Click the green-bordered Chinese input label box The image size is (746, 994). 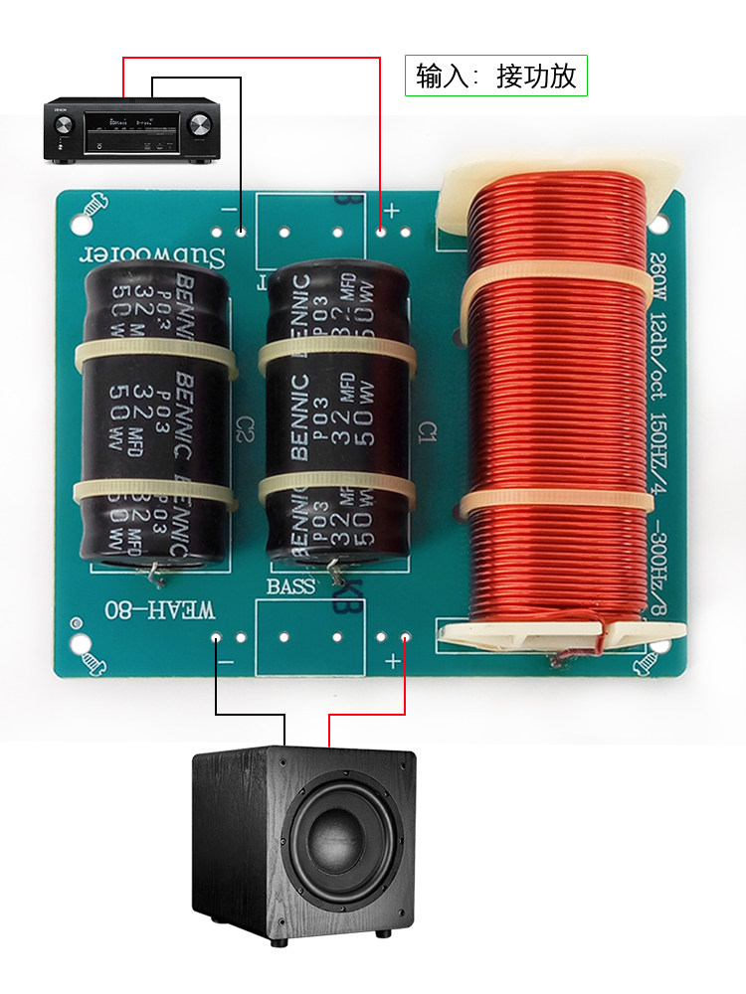pyautogui.click(x=496, y=76)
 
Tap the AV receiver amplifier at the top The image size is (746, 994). pyautogui.click(x=130, y=129)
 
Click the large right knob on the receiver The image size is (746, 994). pyautogui.click(x=198, y=125)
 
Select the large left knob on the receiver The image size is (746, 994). pyautogui.click(x=64, y=125)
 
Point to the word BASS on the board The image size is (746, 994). pyautogui.click(x=290, y=586)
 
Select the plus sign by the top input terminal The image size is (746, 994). pyautogui.click(x=392, y=211)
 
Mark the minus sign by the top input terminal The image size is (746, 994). pyautogui.click(x=228, y=211)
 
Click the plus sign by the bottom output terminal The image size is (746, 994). pyautogui.click(x=393, y=661)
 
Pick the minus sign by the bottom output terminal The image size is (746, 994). pyautogui.click(x=227, y=660)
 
